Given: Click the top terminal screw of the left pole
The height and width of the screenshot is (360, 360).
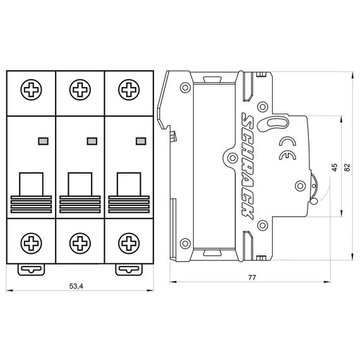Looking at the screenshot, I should point(31,89).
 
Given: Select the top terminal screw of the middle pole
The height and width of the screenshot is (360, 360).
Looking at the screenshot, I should point(80,89).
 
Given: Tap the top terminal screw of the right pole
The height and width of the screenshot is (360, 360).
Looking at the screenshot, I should point(129,89).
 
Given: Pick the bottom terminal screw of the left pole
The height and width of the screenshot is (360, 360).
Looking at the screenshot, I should point(31,242).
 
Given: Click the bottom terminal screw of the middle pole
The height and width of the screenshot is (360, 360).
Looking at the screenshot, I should point(80,242).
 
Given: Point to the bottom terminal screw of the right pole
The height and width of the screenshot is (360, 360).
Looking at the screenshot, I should point(129,242).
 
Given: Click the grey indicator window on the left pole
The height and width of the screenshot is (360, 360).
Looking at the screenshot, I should point(42,140).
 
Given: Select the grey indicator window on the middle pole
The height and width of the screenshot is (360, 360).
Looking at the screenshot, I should point(91,140).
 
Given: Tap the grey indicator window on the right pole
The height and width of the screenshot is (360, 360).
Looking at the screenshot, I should point(140,140).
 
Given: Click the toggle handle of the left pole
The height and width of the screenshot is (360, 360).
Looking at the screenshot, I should point(31,184).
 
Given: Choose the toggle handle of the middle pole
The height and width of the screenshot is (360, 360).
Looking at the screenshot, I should point(80,184).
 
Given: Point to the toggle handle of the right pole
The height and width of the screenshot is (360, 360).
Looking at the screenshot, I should point(129,184).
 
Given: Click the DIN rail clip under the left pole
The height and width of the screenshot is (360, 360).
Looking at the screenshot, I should point(31,269).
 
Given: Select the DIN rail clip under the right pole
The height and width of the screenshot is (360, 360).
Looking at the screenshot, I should point(129,269).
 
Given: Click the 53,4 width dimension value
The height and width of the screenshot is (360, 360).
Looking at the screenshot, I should point(76,287).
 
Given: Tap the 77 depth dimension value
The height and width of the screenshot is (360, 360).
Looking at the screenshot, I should point(251,277).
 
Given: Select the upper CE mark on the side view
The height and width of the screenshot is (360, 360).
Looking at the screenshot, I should point(285,141).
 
